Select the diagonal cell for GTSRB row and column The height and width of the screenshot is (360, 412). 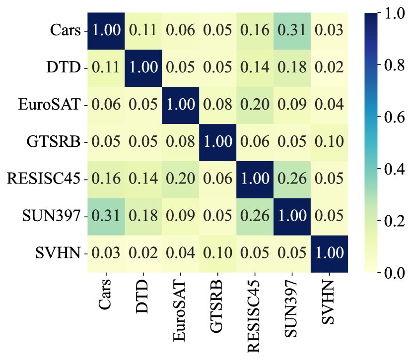pyautogui.click(x=217, y=142)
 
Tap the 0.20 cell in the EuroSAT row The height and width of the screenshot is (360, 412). pyautogui.click(x=255, y=105)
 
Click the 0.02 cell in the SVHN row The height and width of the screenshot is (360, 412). pyautogui.click(x=143, y=253)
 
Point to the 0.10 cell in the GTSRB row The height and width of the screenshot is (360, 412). pyautogui.click(x=329, y=142)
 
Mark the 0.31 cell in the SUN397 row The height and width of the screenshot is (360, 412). pyautogui.click(x=106, y=216)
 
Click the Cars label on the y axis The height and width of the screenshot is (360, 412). pyautogui.click(x=65, y=30)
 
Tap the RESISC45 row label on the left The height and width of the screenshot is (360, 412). pyautogui.click(x=44, y=179)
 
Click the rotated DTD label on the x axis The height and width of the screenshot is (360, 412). pyautogui.click(x=143, y=295)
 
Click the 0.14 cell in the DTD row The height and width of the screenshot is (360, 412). pyautogui.click(x=255, y=67)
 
